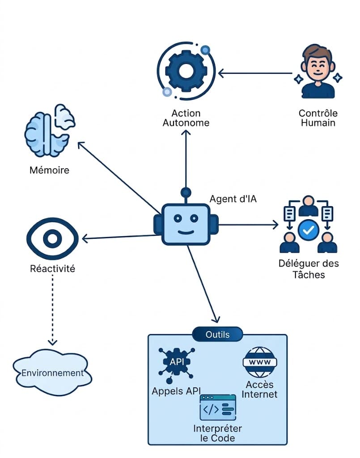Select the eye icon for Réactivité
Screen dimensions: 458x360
[x=53, y=238]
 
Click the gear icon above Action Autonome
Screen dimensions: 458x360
[x=185, y=70]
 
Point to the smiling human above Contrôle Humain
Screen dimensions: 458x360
[x=318, y=72]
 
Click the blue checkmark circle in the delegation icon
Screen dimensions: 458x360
[x=308, y=230]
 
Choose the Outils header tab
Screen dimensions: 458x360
[x=217, y=334]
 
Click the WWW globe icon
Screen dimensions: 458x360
[x=259, y=362]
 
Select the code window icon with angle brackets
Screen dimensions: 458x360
[x=218, y=407]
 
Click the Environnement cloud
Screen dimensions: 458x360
[x=52, y=373]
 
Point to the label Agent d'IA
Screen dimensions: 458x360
[x=233, y=199]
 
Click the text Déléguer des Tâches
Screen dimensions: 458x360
[x=309, y=268]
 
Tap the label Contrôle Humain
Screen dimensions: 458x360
[x=318, y=118]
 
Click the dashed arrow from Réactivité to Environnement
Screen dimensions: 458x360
[x=53, y=309]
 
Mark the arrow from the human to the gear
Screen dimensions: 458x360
[x=255, y=73]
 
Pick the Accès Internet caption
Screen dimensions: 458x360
[x=259, y=389]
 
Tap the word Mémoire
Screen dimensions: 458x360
[x=49, y=170]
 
